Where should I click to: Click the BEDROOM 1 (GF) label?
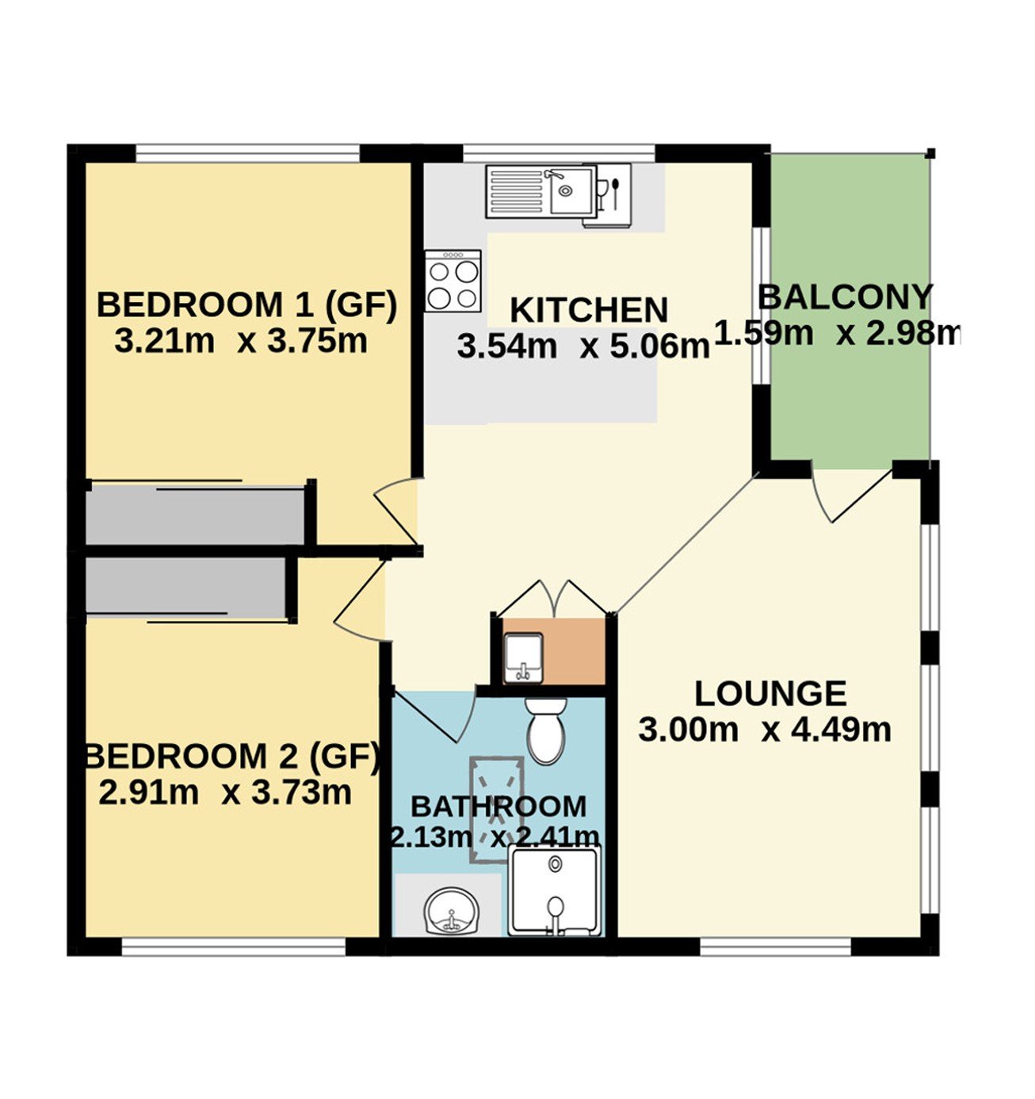tap(246, 305)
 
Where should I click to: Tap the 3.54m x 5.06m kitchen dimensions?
tap(583, 347)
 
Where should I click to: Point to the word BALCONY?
tap(845, 297)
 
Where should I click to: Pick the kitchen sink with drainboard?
tap(541, 191)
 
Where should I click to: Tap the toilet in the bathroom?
tap(546, 730)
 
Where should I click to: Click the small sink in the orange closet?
tap(523, 658)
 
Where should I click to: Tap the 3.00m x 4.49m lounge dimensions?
tap(765, 730)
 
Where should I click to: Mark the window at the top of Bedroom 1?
tap(248, 153)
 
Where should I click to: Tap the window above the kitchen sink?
tap(559, 153)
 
